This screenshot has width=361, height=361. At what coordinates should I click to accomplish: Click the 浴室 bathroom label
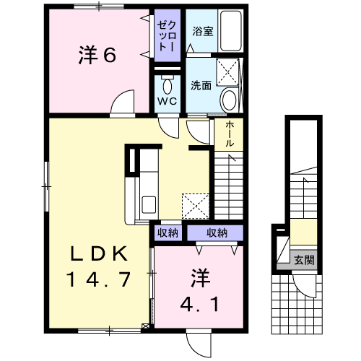(x=203, y=31)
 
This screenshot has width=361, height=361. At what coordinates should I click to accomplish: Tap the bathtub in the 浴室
(x=230, y=30)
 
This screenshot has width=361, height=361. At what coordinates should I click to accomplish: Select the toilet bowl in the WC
(x=167, y=85)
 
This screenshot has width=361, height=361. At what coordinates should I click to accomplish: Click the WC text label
(x=168, y=101)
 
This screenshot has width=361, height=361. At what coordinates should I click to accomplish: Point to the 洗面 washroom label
(x=201, y=85)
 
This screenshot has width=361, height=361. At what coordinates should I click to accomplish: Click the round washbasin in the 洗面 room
(x=229, y=100)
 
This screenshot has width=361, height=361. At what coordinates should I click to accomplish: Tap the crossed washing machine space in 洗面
(x=227, y=71)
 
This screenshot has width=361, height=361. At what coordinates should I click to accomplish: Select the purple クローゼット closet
(x=168, y=35)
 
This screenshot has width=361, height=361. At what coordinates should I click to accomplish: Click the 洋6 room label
(x=97, y=55)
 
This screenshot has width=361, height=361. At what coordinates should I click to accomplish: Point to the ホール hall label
(x=229, y=134)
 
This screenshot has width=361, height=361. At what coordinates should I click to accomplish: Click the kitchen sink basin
(x=149, y=204)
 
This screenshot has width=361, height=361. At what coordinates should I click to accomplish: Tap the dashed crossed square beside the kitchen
(x=196, y=206)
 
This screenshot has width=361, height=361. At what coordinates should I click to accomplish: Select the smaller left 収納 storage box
(x=168, y=232)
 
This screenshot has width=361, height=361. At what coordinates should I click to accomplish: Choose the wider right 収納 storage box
(x=215, y=232)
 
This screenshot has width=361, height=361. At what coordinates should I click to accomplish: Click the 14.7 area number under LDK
(x=98, y=279)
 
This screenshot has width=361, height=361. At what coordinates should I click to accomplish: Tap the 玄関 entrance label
(x=304, y=260)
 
